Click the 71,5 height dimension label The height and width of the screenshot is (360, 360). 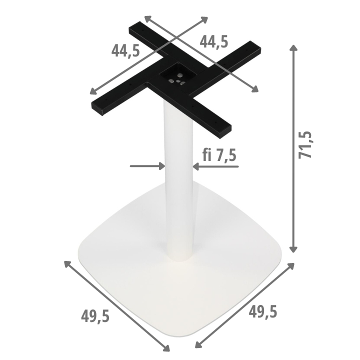305,145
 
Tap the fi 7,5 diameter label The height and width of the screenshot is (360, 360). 219,154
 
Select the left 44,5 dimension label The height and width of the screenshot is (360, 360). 125,50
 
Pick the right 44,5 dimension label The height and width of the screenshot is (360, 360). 214,42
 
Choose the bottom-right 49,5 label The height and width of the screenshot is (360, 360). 263,312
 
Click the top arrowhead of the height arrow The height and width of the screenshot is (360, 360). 293,48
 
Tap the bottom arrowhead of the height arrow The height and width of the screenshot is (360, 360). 293,249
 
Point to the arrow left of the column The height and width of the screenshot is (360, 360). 147,166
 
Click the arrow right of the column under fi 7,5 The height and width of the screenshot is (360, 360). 215,166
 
